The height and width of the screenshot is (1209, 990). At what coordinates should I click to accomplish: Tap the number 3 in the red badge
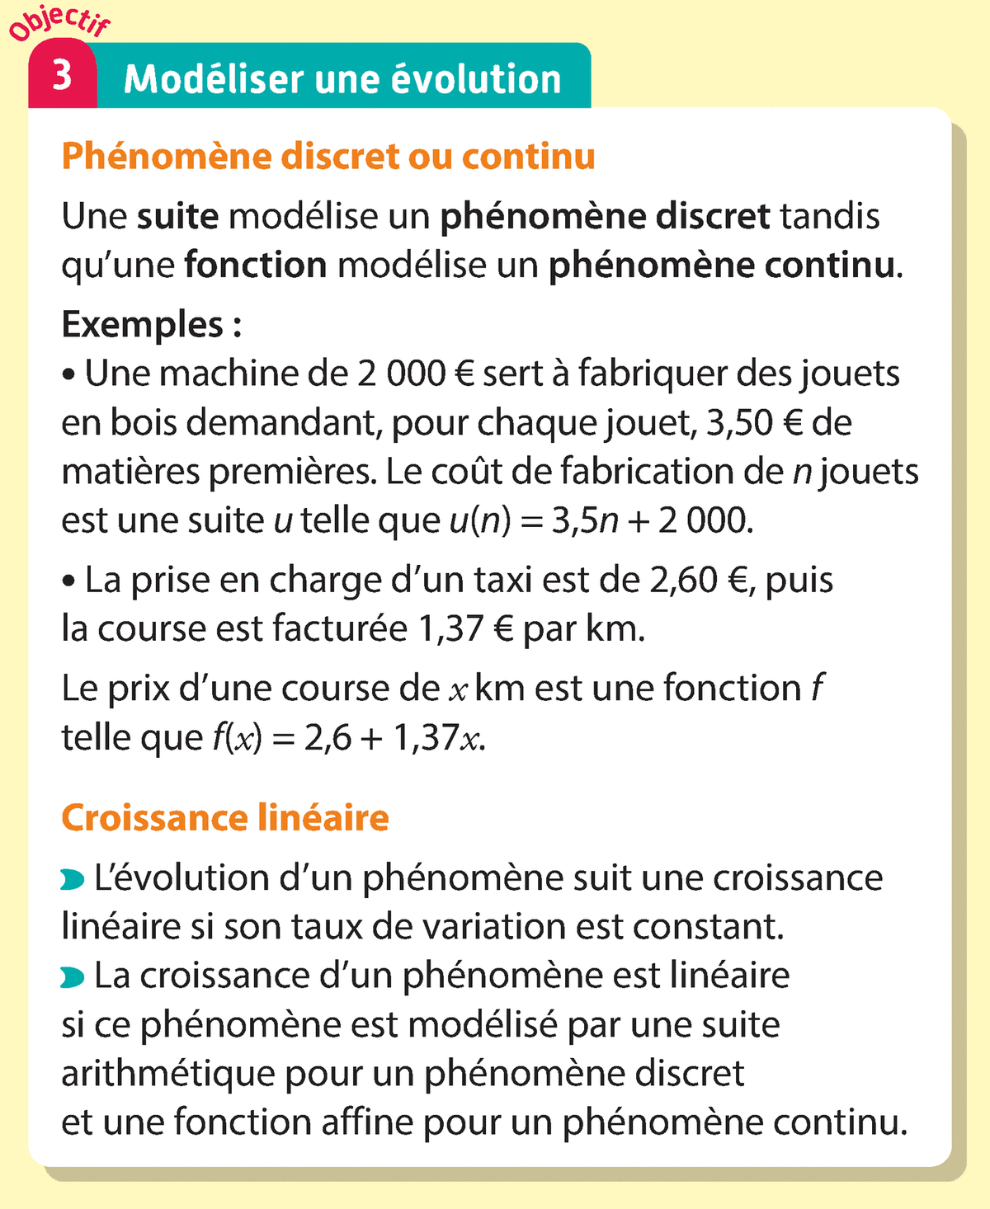tap(62, 77)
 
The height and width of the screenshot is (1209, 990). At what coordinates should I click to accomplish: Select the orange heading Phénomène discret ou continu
tap(328, 157)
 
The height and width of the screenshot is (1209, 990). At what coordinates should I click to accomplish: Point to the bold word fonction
tap(256, 266)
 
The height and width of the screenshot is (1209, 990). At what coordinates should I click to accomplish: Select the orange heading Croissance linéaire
tap(225, 817)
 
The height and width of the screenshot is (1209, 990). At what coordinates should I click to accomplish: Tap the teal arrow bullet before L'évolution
tap(73, 881)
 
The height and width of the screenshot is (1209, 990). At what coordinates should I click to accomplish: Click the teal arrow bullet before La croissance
tap(73, 978)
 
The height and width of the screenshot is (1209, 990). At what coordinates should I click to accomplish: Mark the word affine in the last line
tap(367, 1122)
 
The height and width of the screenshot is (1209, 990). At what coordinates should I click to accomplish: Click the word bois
tap(144, 423)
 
